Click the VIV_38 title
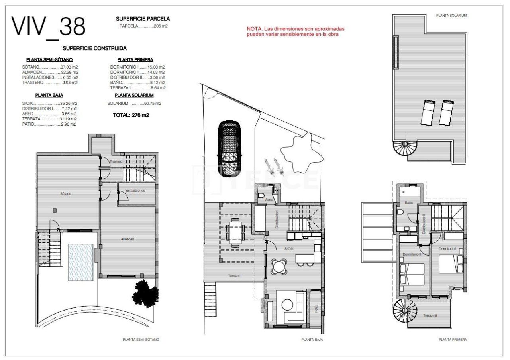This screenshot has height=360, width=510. coord(48,27)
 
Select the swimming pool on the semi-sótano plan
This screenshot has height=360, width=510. coord(80,262)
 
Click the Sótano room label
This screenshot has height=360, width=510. coord(66,194)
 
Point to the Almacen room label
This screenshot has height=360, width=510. coord(127,239)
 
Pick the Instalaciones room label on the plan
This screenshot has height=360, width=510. coord(135,191)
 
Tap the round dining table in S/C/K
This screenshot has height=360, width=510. coord(279,266)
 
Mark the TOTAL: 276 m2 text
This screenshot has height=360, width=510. coord(131,115)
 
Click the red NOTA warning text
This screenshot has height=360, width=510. coord(295,31)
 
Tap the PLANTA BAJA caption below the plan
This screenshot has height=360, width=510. coord(312,340)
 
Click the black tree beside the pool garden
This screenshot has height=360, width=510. coord(144,293)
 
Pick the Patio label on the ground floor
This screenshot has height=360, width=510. coord(316,308)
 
